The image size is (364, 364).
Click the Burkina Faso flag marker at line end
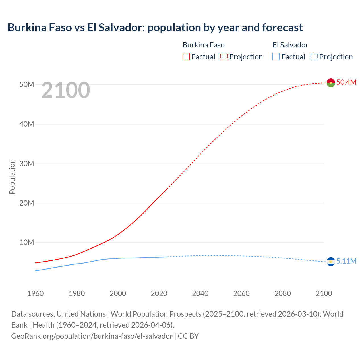tap(331, 83)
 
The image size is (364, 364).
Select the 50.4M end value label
tap(346, 82)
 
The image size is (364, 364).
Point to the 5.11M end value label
tap(346, 261)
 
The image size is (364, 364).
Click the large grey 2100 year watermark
tap(66, 90)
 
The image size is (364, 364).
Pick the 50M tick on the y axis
tap(27, 85)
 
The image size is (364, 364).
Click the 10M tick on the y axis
tap(27, 243)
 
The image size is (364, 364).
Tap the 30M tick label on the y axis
tap(27, 164)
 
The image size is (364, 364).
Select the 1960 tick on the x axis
tap(36, 293)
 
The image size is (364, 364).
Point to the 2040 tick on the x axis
tap(200, 293)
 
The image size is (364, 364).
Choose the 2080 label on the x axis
tap(283, 293)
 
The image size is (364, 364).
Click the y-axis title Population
tap(12, 177)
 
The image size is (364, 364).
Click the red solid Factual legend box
tap(186, 57)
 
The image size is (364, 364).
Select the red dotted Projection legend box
tap(224, 57)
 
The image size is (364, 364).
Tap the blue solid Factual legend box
tap(276, 57)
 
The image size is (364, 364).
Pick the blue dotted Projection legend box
tap(314, 57)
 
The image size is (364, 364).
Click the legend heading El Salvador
tap(290, 45)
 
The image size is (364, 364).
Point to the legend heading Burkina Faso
tap(204, 45)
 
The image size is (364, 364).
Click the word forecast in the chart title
tap(282, 28)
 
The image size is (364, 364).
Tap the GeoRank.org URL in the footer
tap(92, 336)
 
